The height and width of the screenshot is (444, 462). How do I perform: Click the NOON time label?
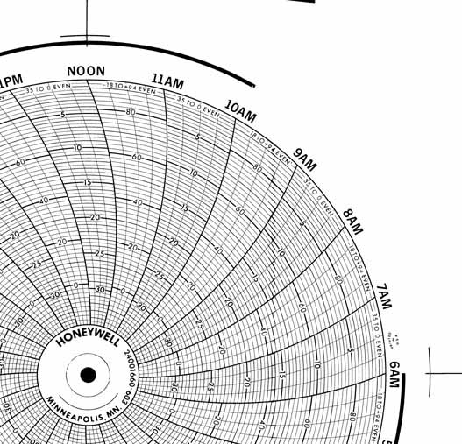(x=86, y=72)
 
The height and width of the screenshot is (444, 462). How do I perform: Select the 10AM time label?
(x=240, y=111)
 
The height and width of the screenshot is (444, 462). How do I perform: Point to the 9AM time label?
(x=304, y=159)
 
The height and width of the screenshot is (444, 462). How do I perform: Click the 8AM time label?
(x=352, y=222)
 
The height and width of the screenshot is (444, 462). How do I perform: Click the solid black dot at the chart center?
(x=88, y=375)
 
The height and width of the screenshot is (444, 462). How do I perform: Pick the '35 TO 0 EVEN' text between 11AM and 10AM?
(x=198, y=106)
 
